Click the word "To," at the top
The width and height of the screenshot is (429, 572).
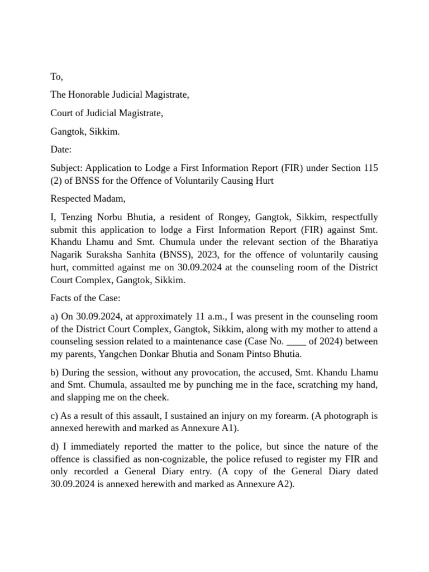[57, 77]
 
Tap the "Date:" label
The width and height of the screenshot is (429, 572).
[61, 150]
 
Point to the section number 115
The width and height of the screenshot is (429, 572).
[370, 168]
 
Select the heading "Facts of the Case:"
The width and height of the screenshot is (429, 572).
[85, 298]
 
